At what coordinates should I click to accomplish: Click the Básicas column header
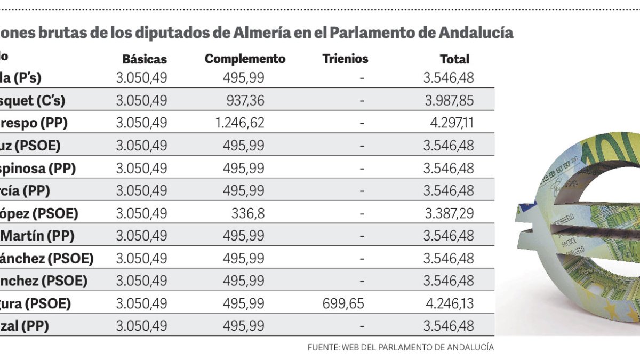145,59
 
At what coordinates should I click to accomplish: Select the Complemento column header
245,59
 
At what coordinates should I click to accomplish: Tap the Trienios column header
345,59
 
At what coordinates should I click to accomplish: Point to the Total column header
454,59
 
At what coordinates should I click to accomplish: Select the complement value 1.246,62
239,123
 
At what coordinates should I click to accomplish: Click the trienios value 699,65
343,303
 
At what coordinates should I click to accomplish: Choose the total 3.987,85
449,100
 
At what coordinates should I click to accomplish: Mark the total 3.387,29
449,214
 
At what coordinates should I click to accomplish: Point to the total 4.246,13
449,303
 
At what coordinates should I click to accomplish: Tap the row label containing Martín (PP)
37,236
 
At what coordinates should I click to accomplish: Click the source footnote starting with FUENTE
401,347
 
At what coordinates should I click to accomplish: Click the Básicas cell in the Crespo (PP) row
141,123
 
